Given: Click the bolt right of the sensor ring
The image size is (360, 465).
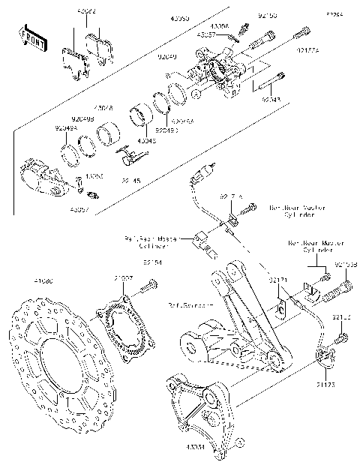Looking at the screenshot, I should pyautogui.click(x=153, y=286).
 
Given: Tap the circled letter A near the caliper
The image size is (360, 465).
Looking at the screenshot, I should pyautogui.click(x=195, y=94).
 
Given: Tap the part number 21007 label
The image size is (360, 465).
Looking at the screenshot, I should pyautogui.click(x=124, y=278).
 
